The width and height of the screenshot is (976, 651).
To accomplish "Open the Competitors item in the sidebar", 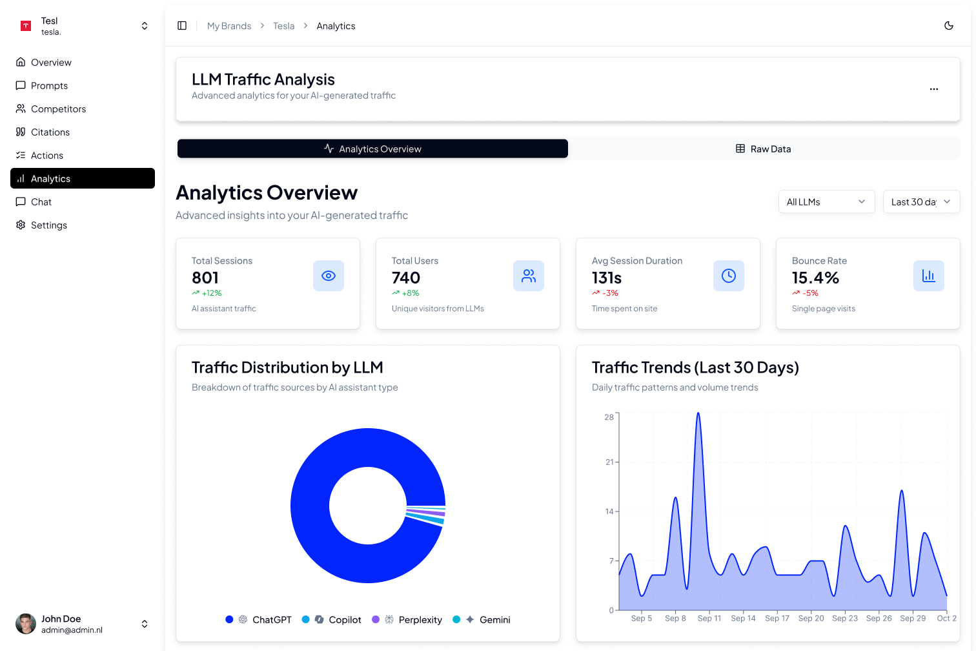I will (x=58, y=109).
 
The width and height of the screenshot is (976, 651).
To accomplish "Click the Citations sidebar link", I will (x=50, y=132).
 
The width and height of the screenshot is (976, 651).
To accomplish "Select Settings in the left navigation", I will (x=48, y=225).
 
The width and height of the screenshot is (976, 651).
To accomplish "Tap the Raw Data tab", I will (x=764, y=149).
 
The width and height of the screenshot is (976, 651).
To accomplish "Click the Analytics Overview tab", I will (x=372, y=149).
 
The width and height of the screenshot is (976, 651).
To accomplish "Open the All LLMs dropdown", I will (x=826, y=202).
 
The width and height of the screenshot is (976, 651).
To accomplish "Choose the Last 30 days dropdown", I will (x=921, y=202).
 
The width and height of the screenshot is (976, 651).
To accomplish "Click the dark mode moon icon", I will (x=949, y=26).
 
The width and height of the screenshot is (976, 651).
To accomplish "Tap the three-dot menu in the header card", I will (x=934, y=89).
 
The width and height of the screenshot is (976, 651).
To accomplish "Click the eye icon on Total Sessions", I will (x=329, y=276).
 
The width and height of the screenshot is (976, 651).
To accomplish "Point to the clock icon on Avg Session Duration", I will (x=729, y=276).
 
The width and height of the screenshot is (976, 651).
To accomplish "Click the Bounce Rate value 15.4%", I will (x=815, y=278).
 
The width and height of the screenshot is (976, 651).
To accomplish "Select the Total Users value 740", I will (x=406, y=278).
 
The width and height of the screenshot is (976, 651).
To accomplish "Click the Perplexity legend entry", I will (x=420, y=620).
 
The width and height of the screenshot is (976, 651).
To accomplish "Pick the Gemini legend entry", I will (x=494, y=620).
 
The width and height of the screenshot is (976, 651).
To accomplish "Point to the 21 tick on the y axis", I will (x=609, y=462).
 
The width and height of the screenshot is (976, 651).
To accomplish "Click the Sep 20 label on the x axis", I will (x=811, y=619).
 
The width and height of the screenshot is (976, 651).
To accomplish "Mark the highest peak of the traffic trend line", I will (x=698, y=413).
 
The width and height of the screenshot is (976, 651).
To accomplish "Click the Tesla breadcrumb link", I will (x=283, y=26).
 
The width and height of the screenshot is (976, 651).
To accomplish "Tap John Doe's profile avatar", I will (x=26, y=624).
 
